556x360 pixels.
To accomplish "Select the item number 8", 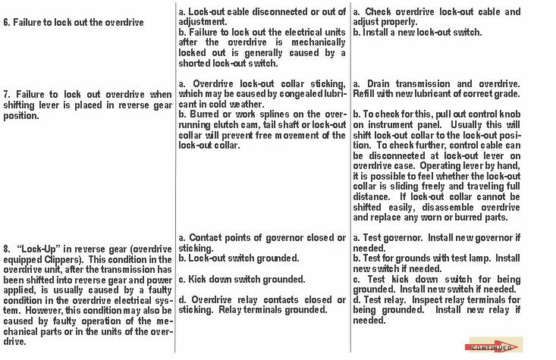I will [7, 248].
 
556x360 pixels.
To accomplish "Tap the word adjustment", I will [203, 23].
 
